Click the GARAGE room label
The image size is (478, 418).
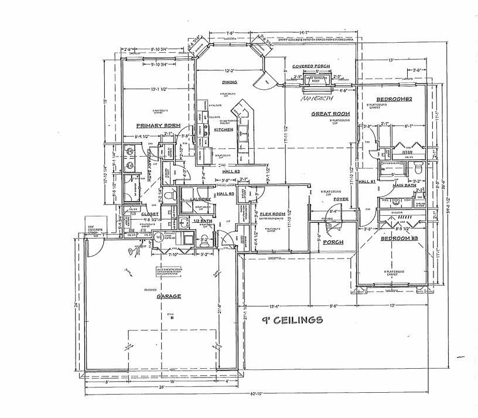click(168, 297)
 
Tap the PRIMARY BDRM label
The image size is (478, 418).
click(158, 125)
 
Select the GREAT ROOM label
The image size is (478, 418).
click(330, 114)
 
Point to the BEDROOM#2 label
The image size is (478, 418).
click(395, 100)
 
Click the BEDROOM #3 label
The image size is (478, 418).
click(400, 239)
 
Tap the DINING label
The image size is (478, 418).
click(229, 83)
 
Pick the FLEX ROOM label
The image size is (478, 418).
click(272, 214)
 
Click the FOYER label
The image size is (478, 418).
click(341, 199)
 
